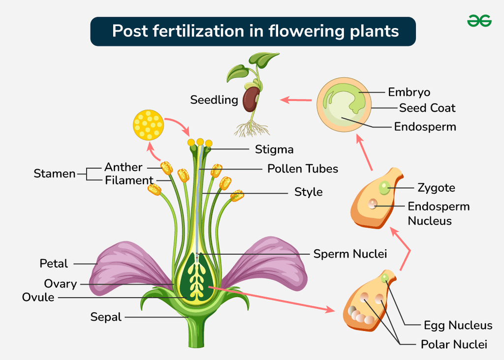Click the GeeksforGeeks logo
[479, 20]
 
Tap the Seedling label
[214, 100]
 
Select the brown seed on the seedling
[251, 99]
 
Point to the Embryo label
[409, 92]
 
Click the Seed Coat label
[427, 108]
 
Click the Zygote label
[436, 187]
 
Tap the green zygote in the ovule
[384, 187]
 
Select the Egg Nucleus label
[458, 325]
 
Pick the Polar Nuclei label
[454, 344]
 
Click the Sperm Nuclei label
[350, 254]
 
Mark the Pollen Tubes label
[303, 169]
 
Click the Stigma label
[274, 149]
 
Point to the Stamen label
[55, 174]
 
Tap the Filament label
[129, 180]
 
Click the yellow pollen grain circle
[148, 124]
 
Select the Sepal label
[106, 317]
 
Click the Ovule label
[38, 297]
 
